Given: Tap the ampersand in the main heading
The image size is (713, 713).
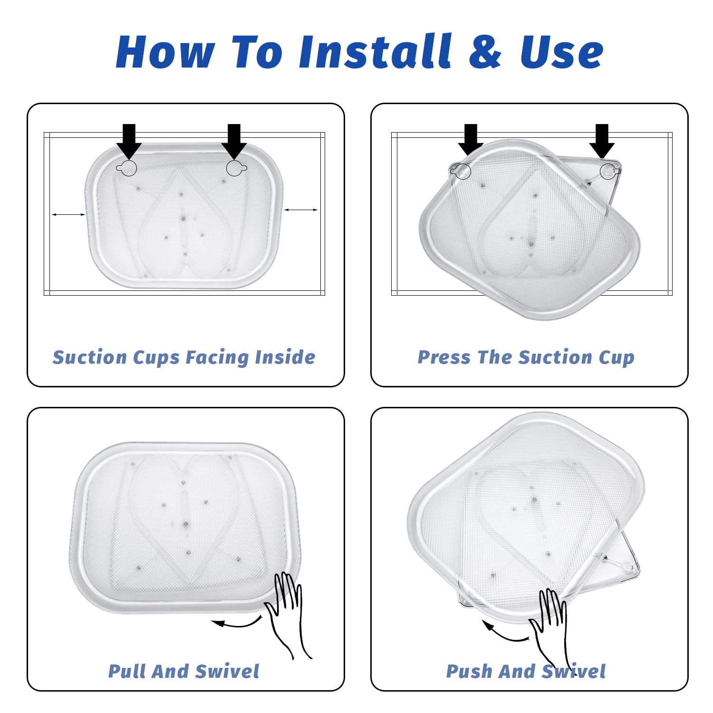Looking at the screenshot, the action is click(485, 51).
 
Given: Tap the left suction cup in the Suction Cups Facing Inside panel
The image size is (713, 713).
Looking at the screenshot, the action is click(126, 167).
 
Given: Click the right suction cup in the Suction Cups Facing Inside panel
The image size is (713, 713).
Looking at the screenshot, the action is click(236, 167).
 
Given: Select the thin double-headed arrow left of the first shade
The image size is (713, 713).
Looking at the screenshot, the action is click(68, 215).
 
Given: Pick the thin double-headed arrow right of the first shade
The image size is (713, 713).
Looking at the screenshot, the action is click(301, 210).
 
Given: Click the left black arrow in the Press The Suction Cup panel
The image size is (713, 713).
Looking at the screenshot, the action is click(471, 140).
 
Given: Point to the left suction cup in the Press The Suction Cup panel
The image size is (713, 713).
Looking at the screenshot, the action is click(461, 171).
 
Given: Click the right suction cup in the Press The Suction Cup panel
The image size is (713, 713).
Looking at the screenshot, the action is click(609, 171).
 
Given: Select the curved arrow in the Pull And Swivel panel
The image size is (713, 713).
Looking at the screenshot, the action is click(236, 623).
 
